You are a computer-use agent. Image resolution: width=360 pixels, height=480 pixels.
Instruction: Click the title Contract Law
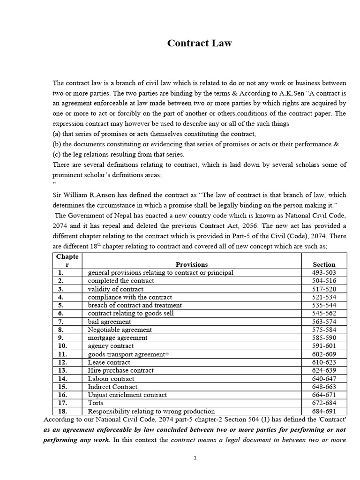point(200,44)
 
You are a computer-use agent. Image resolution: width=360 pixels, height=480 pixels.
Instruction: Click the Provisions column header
point(191,264)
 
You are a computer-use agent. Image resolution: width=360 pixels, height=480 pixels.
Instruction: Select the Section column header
point(323,264)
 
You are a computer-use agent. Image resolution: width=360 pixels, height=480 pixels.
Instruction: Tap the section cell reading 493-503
point(323,272)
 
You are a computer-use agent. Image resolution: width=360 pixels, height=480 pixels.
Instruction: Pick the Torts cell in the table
point(96,403)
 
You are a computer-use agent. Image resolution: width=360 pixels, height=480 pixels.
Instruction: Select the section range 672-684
point(323,403)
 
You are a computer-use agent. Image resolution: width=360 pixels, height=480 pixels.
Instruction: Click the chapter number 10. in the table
point(63,346)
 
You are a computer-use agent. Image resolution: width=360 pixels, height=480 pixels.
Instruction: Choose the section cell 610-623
point(323,362)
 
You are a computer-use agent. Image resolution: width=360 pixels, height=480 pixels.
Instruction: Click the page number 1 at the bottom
point(195,458)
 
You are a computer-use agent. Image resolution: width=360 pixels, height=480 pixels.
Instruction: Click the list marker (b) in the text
point(57,144)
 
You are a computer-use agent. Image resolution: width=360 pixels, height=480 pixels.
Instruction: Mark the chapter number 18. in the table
point(63,411)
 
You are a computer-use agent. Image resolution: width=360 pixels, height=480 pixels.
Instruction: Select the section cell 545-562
point(323,313)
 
